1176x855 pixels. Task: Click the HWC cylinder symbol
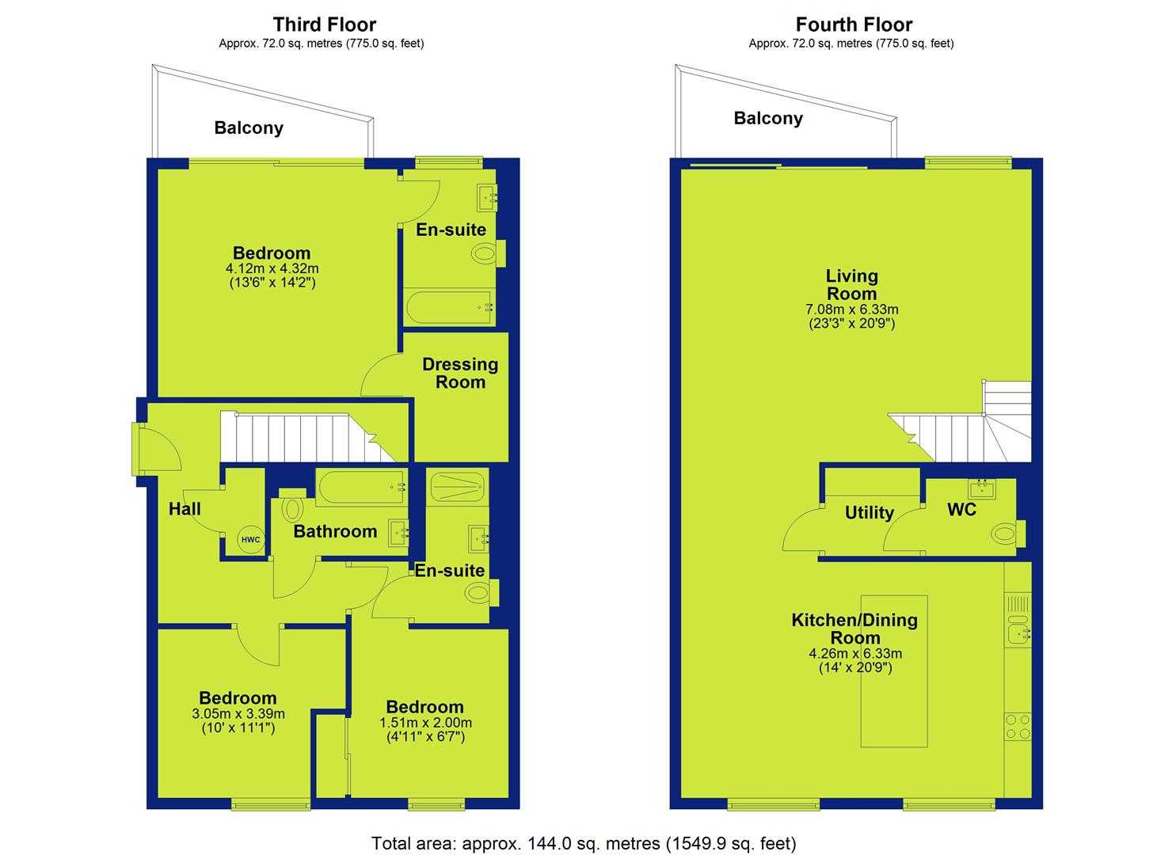click(250, 539)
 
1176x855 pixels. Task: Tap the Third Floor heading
click(325, 25)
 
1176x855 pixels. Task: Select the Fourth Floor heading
click(854, 25)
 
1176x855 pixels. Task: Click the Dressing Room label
click(460, 373)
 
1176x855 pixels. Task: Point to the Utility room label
click(870, 512)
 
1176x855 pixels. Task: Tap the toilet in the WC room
click(1008, 534)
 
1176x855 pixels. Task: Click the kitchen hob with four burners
click(1018, 727)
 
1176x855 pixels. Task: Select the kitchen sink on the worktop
click(1018, 630)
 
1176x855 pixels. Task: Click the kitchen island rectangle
click(894, 671)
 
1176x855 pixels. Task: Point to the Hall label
click(185, 508)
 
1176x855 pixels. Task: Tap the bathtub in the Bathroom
click(361, 488)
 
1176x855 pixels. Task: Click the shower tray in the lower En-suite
click(457, 487)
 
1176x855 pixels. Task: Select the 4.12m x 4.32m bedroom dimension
click(272, 268)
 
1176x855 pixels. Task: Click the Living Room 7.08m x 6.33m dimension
click(851, 309)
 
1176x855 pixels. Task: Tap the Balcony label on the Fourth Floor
click(768, 118)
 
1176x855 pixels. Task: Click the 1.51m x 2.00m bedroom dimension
click(425, 723)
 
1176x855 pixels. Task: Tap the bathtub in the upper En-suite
click(449, 308)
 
